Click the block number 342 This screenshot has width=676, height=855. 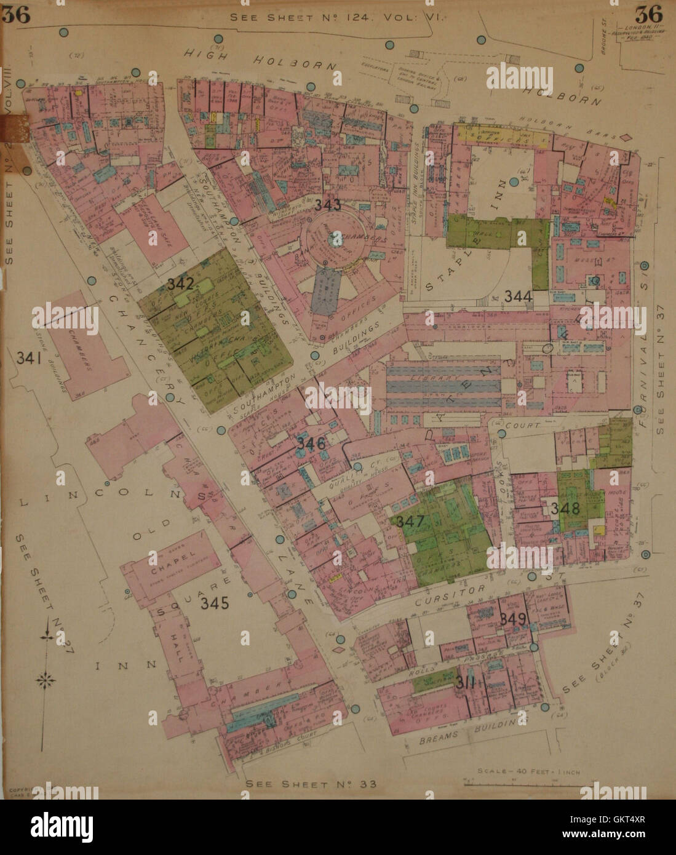180,284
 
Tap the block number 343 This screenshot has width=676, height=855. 327,205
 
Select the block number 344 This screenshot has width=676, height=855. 518,296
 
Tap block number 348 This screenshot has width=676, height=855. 565,509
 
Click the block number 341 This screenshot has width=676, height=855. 30,357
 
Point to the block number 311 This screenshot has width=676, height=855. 465,682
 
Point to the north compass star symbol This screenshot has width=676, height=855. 46,680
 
